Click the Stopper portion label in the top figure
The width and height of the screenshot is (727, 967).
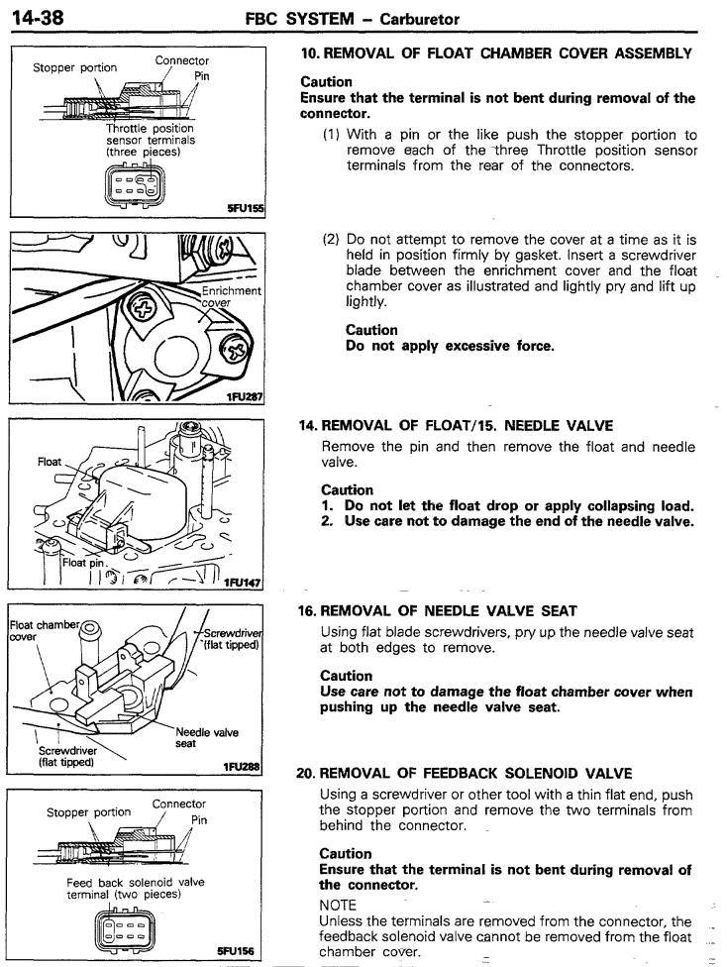point(74,69)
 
